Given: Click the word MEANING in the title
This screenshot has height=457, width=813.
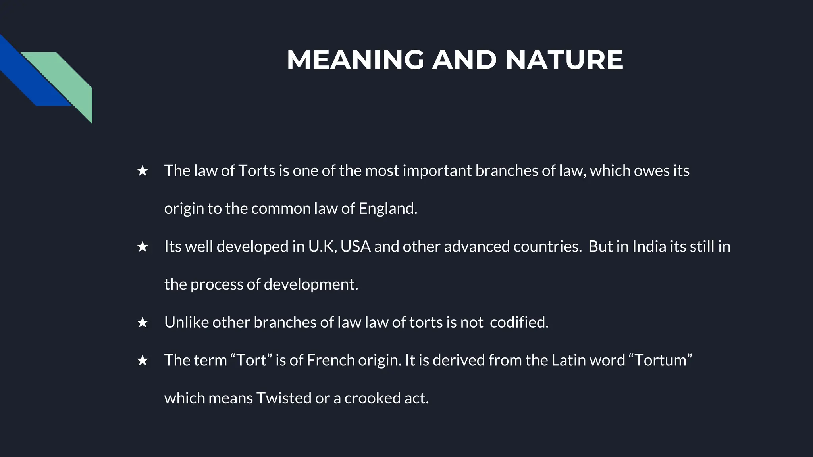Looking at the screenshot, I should [x=355, y=60].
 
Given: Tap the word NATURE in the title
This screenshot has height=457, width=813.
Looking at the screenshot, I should [x=564, y=60].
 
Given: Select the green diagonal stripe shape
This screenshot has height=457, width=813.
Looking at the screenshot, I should [x=67, y=79].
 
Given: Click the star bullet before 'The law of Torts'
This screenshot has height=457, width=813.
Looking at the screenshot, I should [x=142, y=171].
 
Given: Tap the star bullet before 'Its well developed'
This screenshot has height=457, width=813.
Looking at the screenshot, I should [x=142, y=247].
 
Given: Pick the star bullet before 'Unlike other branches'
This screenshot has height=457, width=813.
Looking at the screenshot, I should [x=142, y=323].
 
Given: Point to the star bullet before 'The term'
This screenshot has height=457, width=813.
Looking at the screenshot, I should [x=142, y=361].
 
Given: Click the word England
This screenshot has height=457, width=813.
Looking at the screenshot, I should [x=387, y=209].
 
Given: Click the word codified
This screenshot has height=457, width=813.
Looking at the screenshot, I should [x=519, y=323].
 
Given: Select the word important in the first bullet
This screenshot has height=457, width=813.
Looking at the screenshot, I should [x=437, y=171].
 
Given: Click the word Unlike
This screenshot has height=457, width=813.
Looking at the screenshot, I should [x=187, y=323].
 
